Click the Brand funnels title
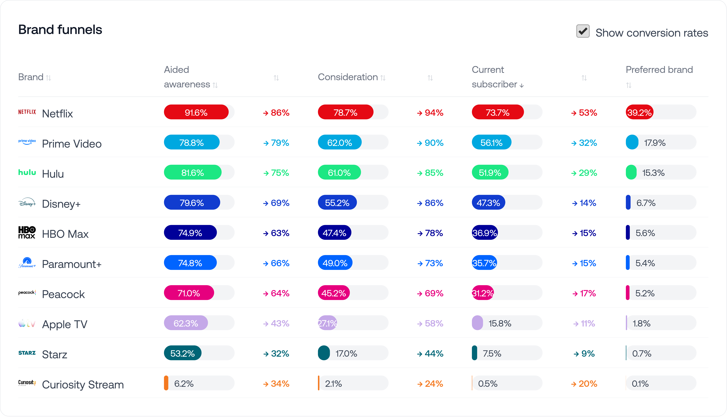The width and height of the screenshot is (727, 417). point(60,30)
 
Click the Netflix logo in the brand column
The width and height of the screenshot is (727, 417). point(27,112)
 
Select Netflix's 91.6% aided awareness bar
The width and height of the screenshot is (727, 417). point(196,112)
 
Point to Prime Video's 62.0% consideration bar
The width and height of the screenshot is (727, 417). point(340,142)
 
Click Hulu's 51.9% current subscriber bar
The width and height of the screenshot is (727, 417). point(490,172)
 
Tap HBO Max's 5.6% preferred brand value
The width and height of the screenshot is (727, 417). point(645,233)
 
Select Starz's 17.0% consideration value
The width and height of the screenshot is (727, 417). point(346,353)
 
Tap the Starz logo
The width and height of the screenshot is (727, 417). point(27,353)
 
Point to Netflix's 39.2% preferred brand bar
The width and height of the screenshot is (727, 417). point(639,112)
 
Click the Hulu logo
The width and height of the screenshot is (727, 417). point(27,172)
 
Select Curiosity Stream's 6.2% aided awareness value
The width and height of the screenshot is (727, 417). point(184,384)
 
